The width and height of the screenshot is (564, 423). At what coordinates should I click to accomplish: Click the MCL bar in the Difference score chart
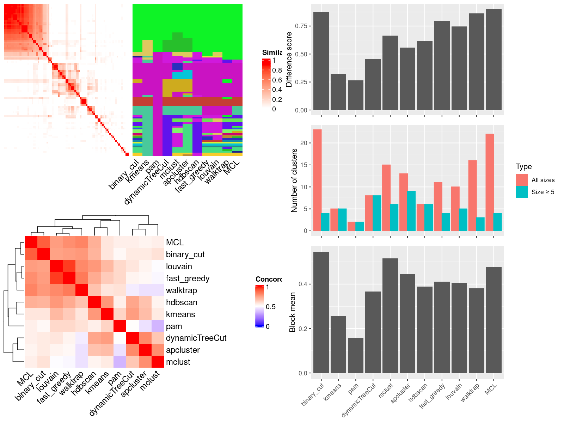coord(493,60)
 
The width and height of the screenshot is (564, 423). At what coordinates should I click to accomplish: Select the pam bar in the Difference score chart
coord(355,95)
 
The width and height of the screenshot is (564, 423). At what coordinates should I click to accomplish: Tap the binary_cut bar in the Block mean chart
coord(321,312)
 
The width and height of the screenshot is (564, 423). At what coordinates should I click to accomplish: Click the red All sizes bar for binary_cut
coord(317,180)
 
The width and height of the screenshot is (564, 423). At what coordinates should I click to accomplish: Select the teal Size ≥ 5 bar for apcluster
coord(411,211)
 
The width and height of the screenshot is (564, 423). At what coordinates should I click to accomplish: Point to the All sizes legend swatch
coord(522,180)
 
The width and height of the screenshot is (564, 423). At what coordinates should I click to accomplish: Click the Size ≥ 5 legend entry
coord(542,192)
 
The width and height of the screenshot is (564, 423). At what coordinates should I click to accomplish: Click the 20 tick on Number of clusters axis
coord(304,143)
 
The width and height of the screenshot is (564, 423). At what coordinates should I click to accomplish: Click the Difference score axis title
coord(289,59)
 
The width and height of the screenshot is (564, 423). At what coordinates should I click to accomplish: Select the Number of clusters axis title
coord(294,180)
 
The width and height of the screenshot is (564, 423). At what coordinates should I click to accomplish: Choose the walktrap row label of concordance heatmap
coord(181,290)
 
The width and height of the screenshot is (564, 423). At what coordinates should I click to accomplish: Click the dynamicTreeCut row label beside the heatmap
coord(196,338)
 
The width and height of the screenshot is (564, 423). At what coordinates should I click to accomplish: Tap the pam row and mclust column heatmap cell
coord(158,326)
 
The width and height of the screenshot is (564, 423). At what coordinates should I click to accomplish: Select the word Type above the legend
coord(523,167)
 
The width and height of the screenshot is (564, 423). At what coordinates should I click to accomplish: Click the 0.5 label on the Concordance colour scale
coord(271,307)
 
